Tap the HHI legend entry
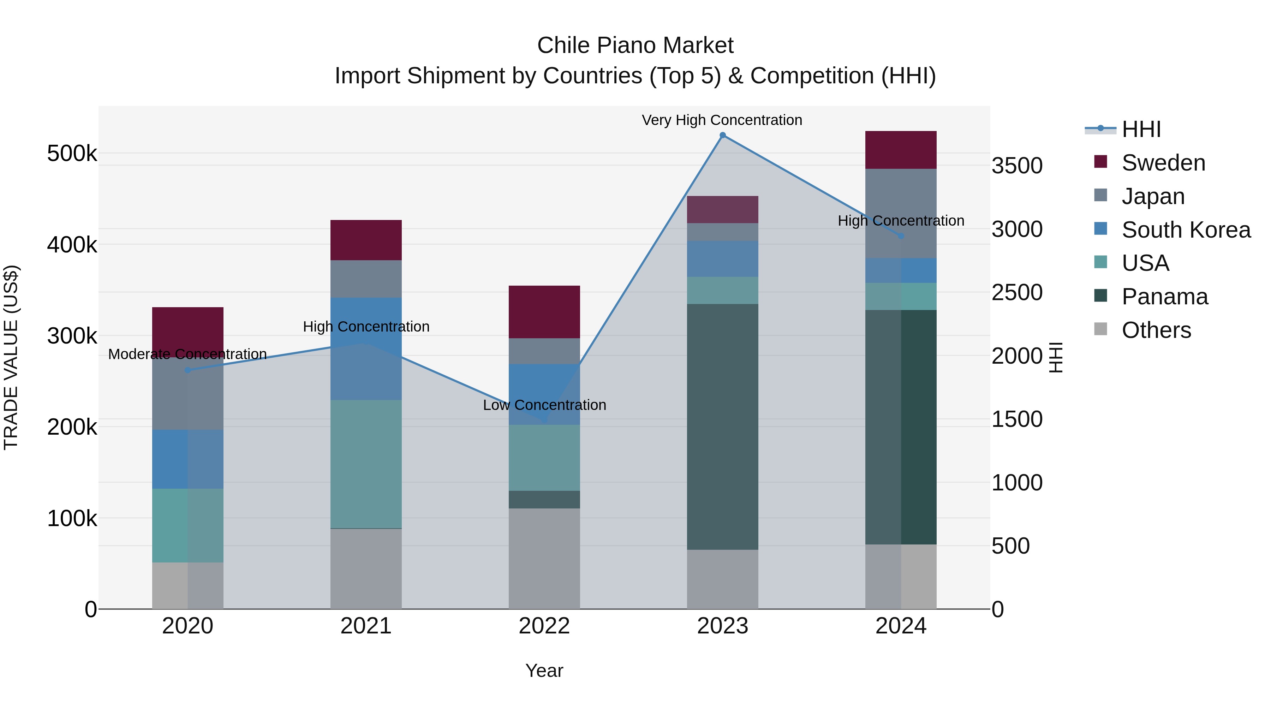1140,129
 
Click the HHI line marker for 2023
722,135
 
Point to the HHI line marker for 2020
187,370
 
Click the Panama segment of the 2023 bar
722,427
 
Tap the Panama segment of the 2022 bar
544,499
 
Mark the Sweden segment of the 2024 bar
900,150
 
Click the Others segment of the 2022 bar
544,559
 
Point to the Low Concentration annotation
544,405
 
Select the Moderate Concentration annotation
187,354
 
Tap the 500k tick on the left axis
72,154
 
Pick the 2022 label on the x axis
544,626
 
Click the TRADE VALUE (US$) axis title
11,357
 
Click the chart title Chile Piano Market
635,46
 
